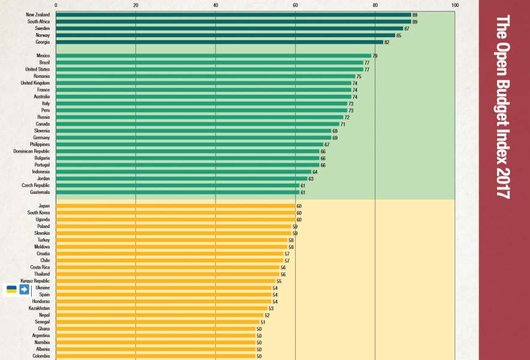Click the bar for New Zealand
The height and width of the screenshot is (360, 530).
pos(233,14)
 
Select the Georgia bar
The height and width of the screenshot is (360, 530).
pos(219,42)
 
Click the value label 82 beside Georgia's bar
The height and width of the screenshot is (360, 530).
pos(387,42)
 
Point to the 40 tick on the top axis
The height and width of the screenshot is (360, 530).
pos(215,5)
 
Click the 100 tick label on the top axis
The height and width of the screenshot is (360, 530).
pos(454,5)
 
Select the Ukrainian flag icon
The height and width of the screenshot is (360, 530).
pos(11,289)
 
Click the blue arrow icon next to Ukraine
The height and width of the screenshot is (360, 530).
pos(24,289)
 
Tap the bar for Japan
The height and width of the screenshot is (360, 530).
pos(175,206)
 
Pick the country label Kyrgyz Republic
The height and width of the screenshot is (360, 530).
pos(35,281)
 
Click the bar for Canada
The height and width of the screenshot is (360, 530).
pos(197,124)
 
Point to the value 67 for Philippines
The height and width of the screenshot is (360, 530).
pos(327,145)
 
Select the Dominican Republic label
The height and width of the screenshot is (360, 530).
pos(32,151)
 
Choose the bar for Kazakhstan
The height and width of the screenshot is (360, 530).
pos(161,308)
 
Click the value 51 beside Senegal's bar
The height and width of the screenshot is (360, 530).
pos(263,322)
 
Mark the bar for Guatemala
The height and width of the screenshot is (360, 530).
pos(177,192)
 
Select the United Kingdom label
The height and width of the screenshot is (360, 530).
pos(35,83)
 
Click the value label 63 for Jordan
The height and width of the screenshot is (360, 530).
pos(311,179)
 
